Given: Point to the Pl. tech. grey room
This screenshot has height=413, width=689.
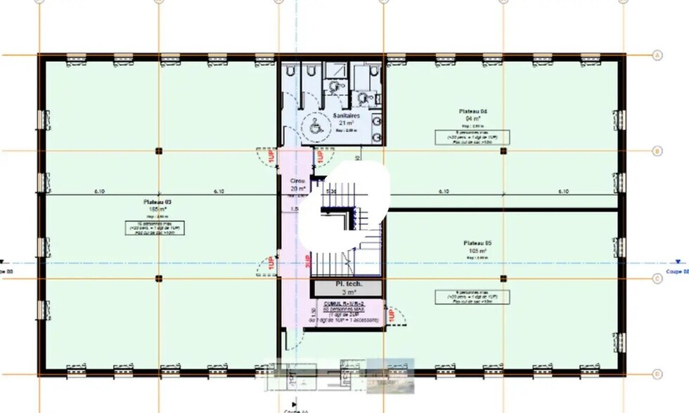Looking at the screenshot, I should [347, 287].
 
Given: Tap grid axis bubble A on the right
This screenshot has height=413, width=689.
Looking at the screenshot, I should [658, 55].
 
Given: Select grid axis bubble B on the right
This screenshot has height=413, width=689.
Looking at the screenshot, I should [658, 150].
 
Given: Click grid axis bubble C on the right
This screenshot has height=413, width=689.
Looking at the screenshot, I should [658, 278].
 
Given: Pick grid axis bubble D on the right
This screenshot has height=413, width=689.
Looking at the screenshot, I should [658, 374].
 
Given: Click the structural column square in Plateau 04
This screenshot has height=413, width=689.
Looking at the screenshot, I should [503, 150].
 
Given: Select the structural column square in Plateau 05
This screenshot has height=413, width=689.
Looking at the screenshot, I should [503, 278].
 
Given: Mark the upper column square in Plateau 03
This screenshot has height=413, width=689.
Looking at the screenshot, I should [159, 150].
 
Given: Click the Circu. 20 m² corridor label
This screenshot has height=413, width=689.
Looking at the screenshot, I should [297, 185].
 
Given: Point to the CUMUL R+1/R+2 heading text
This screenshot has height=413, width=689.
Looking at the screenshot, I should [344, 303].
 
